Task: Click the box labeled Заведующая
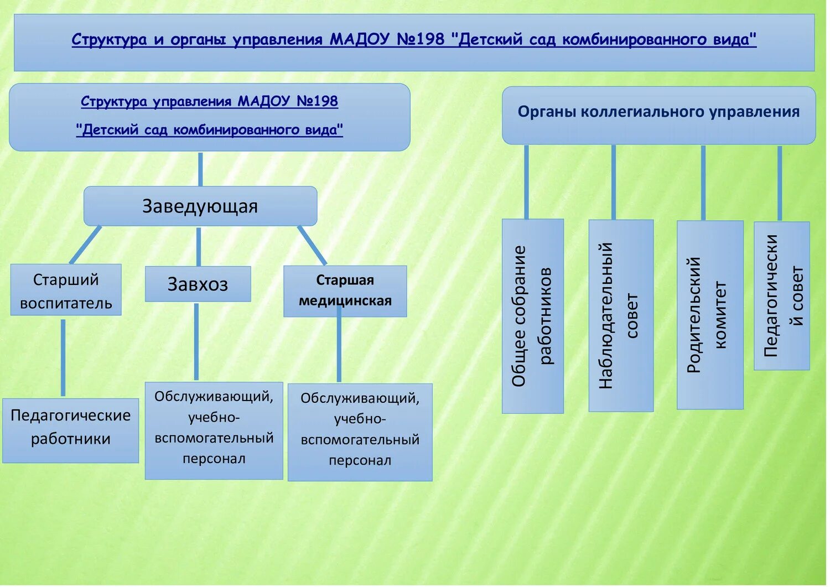coord(200,206)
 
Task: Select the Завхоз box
coord(198,284)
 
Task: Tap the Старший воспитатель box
coord(66,290)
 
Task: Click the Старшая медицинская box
coord(345,291)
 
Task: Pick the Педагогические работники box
coord(70,430)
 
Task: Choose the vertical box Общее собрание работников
coord(532,316)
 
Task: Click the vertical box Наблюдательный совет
coord(620,316)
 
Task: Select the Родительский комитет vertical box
coord(709,315)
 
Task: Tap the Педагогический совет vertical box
coord(781,296)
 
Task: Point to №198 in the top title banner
coord(421,40)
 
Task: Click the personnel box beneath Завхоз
coord(214,430)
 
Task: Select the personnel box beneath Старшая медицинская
coord(360,432)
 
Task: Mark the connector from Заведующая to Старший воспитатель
coord(85,245)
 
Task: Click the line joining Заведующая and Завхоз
coord(199,246)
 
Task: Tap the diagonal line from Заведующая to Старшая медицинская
coord(312,245)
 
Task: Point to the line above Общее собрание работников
coord(526,182)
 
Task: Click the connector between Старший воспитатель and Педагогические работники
coord(63,357)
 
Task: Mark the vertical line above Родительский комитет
coord(703,183)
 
